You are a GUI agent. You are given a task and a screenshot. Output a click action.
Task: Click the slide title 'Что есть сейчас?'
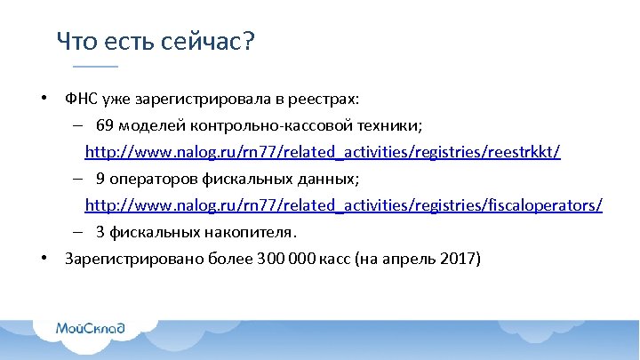point(156,41)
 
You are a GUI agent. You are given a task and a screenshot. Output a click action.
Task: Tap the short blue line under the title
point(95,68)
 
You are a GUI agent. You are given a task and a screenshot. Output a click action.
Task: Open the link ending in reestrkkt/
point(323,152)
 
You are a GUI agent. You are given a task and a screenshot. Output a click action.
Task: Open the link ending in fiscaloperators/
point(343,205)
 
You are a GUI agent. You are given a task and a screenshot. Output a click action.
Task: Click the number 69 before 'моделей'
point(105,125)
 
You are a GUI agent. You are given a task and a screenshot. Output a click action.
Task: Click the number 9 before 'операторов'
point(101,179)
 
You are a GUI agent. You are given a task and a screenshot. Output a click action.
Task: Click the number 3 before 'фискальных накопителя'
point(101,233)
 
